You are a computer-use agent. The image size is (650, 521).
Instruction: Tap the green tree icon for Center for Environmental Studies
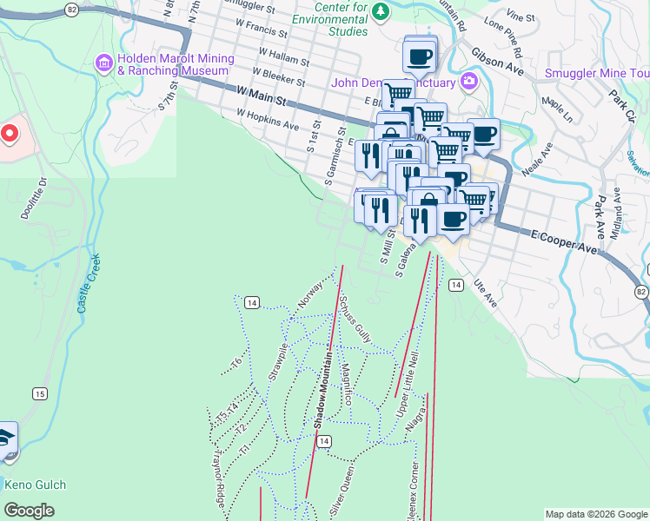[381, 11]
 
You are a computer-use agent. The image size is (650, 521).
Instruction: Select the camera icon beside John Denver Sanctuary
[469, 82]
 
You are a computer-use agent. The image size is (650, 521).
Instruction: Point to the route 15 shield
[39, 394]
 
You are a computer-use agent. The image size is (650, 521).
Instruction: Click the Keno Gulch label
[35, 485]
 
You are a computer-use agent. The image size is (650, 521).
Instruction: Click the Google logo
[30, 511]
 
